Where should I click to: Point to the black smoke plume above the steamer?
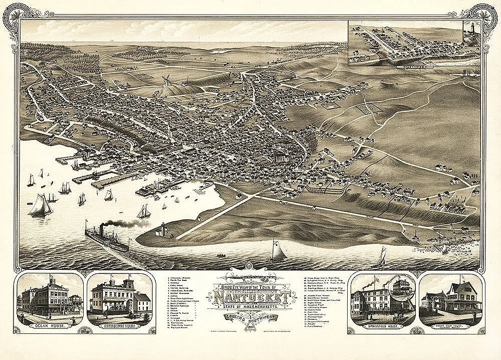pyautogui.click(x=125, y=223)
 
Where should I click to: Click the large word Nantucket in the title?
pyautogui.click(x=253, y=297)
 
